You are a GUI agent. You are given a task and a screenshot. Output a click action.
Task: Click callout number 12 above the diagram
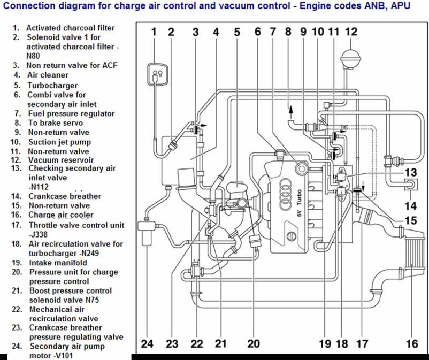pyautogui.click(x=350, y=32)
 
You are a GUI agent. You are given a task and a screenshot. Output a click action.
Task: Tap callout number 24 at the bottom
pyautogui.click(x=147, y=344)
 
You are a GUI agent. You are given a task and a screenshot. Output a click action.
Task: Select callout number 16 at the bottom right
pyautogui.click(x=412, y=344)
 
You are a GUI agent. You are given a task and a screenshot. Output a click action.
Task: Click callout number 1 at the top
pyautogui.click(x=154, y=32)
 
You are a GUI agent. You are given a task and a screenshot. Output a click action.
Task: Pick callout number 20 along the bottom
pyautogui.click(x=254, y=344)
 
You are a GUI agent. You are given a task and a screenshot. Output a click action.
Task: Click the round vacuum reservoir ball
pyautogui.click(x=351, y=57)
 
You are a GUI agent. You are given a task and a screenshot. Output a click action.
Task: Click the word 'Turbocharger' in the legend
pyautogui.click(x=52, y=85)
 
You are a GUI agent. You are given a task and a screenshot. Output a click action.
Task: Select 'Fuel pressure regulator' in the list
pyautogui.click(x=71, y=113)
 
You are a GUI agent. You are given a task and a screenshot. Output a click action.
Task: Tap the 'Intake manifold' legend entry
pyautogui.click(x=57, y=263)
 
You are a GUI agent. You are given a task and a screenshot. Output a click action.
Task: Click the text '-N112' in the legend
pyautogui.click(x=37, y=187)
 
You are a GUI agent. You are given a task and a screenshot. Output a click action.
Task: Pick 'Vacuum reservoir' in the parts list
pyautogui.click(x=60, y=160)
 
